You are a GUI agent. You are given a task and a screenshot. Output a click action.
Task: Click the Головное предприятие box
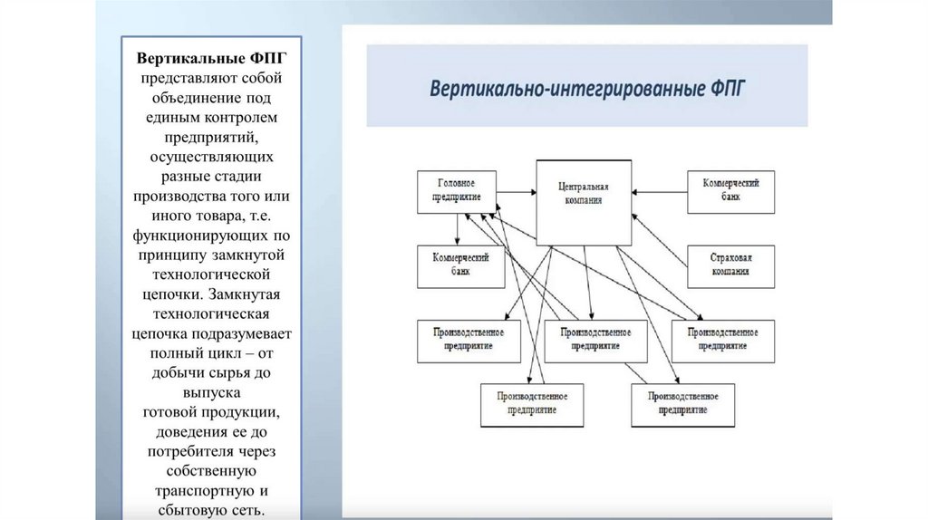(x=451, y=191)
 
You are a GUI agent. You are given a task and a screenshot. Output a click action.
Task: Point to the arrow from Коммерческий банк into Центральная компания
(x=659, y=191)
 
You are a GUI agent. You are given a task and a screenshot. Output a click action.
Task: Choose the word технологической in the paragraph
(x=215, y=274)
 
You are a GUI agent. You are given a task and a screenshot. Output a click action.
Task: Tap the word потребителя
(x=189, y=451)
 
